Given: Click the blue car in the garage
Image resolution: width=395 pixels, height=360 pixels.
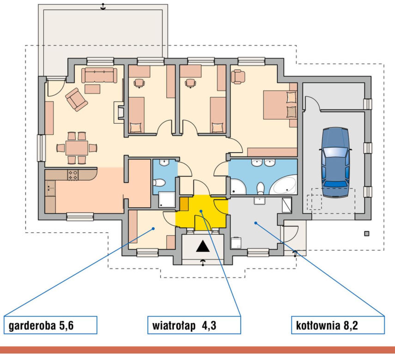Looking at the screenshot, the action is (x=335, y=162).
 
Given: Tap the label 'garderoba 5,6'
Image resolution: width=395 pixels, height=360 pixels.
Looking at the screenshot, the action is (x=41, y=325).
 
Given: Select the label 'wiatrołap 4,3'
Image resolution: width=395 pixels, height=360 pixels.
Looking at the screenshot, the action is (x=184, y=325).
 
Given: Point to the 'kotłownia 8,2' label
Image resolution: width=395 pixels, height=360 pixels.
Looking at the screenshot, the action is (x=327, y=325).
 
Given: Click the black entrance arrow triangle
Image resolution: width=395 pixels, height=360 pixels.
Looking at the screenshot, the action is (x=203, y=246).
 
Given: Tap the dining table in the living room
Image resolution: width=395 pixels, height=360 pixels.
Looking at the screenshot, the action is (x=77, y=148).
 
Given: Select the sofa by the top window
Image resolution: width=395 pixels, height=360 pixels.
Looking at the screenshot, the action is (x=99, y=75).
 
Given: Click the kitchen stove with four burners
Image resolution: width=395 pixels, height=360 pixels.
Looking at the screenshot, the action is (x=73, y=175).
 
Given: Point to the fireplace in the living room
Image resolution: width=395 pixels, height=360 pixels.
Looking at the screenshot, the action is (x=119, y=113).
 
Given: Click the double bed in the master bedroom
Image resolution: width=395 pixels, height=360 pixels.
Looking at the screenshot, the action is (x=280, y=105).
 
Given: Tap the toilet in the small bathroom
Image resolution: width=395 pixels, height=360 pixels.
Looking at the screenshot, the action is (x=159, y=182).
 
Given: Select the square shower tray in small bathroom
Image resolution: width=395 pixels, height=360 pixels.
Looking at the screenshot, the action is (x=167, y=200).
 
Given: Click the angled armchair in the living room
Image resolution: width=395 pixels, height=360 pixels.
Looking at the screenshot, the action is (x=76, y=99).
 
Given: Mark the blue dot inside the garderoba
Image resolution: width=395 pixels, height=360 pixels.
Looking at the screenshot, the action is (x=153, y=228).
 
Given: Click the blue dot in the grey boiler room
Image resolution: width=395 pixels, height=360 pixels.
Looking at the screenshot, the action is (x=255, y=223).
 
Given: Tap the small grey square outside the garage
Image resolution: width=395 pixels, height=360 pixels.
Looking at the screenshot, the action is (x=367, y=234).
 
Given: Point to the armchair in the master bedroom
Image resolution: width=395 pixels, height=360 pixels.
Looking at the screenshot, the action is (x=238, y=77).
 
